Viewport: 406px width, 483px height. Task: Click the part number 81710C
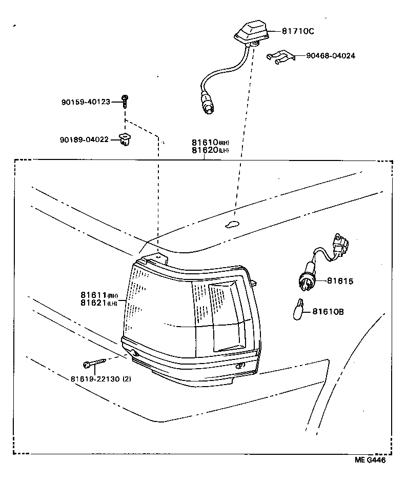(297, 31)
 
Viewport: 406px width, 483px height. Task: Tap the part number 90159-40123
(86, 102)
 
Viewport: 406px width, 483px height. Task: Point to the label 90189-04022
(84, 139)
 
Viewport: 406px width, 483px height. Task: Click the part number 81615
(340, 281)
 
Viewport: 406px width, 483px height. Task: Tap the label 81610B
(328, 311)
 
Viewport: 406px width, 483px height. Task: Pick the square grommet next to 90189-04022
(124, 139)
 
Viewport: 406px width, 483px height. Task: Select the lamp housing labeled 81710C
(251, 33)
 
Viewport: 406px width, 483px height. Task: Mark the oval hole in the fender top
(232, 223)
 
